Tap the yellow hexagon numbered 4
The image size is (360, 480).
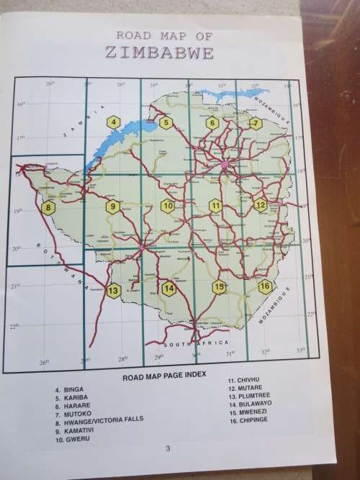point(113,122)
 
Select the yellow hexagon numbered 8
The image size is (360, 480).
point(49,209)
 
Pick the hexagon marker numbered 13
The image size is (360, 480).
point(112,291)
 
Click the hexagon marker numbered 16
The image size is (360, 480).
point(265,286)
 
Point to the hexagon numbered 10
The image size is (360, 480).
point(168,206)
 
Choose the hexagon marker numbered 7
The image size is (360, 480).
point(256,122)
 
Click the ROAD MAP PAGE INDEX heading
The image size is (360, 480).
point(165,375)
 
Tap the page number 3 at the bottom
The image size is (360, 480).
point(167,449)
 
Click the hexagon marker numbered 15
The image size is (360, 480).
point(220,287)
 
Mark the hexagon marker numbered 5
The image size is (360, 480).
point(166,122)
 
